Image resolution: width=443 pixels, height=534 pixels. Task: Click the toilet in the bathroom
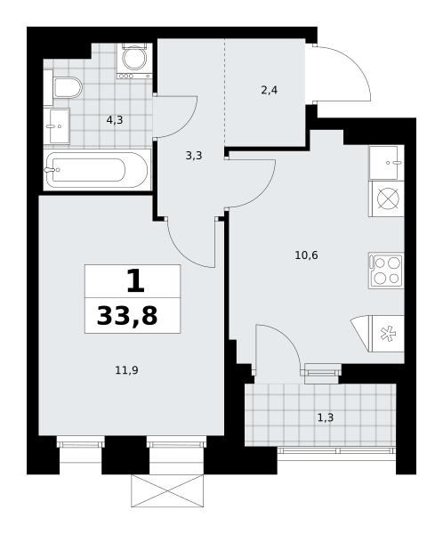(x=68, y=88)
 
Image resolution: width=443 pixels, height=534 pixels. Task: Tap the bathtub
(x=97, y=169)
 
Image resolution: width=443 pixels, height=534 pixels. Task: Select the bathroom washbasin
(x=59, y=126)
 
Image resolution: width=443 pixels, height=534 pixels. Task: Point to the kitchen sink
(x=386, y=163)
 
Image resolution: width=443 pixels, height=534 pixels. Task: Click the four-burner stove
(x=386, y=271)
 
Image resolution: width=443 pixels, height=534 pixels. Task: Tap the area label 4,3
(x=115, y=120)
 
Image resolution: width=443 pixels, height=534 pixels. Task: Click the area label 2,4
(x=269, y=91)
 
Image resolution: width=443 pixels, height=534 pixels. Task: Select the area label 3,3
(x=194, y=156)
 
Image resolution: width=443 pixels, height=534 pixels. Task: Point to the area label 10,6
(x=307, y=255)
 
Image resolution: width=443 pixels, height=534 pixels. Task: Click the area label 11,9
(x=126, y=370)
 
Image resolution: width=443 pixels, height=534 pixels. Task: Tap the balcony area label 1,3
(x=326, y=417)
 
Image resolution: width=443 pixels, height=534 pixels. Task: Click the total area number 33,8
(x=127, y=316)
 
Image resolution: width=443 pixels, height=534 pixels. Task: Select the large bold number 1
(x=135, y=281)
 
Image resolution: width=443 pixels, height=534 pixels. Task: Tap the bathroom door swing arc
(x=187, y=126)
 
